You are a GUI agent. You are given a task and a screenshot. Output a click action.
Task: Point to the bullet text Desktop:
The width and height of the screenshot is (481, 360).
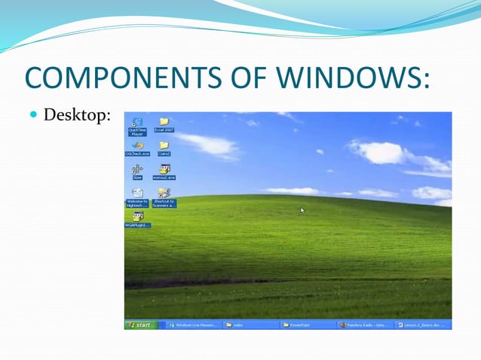[78, 116]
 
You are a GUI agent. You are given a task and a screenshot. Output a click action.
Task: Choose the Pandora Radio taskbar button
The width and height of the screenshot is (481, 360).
[365, 325]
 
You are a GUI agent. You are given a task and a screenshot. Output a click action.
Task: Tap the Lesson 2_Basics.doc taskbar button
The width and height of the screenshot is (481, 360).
[422, 325]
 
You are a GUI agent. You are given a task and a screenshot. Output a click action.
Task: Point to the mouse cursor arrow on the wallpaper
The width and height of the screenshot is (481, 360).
[302, 210]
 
